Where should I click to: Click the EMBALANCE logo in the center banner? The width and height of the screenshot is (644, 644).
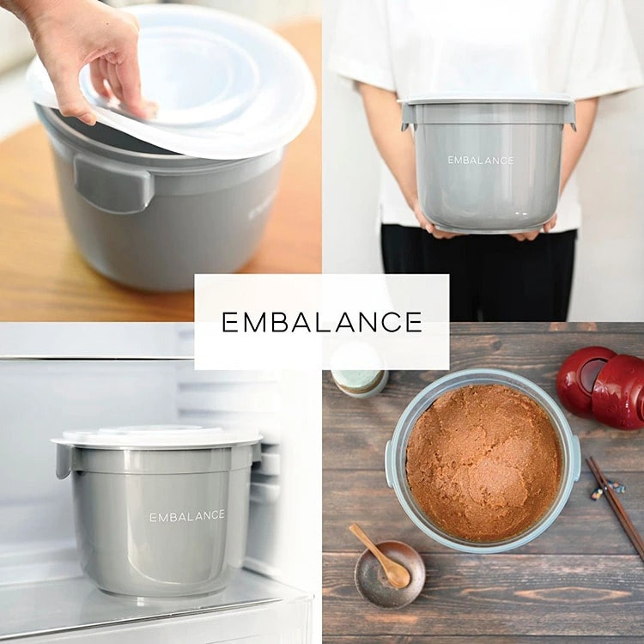point(322,322)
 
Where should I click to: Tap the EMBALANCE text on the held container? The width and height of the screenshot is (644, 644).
point(481,161)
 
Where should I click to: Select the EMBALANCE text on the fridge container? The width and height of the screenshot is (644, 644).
point(187,516)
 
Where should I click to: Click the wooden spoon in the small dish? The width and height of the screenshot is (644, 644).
point(380,556)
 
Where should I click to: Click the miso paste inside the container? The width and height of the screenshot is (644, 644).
point(483,462)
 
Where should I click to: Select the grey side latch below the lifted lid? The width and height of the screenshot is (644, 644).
point(113,185)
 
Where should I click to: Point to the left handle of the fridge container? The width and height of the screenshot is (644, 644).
point(64,461)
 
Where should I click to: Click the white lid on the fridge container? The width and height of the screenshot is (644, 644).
point(156,436)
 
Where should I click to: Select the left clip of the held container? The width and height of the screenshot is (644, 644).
point(406,116)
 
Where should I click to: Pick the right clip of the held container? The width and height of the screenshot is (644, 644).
point(570,117)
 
